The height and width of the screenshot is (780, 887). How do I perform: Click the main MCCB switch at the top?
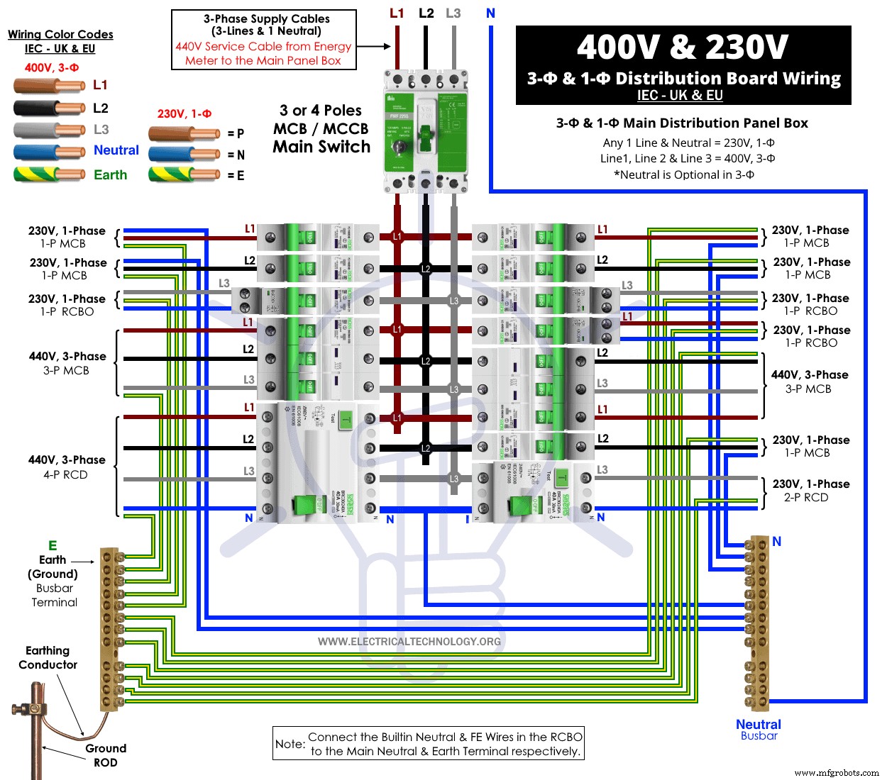pyautogui.click(x=425, y=131)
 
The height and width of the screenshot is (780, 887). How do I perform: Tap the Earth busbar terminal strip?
pyautogui.click(x=109, y=628)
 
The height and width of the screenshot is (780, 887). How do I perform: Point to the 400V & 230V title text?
pyautogui.click(x=683, y=48)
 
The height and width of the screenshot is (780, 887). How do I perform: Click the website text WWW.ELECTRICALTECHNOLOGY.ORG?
pyautogui.click(x=409, y=642)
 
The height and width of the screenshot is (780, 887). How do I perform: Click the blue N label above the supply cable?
pyautogui.click(x=490, y=13)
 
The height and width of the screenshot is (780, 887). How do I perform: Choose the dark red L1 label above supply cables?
pyautogui.click(x=397, y=13)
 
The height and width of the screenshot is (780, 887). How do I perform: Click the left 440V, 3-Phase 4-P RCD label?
pyautogui.click(x=67, y=467)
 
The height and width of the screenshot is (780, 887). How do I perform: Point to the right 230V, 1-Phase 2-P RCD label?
pyautogui.click(x=810, y=491)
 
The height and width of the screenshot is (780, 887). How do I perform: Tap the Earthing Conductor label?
pyautogui.click(x=48, y=657)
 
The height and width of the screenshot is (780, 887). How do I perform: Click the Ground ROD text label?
pyautogui.click(x=106, y=755)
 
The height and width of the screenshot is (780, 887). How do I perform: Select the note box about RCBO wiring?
pyautogui.click(x=429, y=744)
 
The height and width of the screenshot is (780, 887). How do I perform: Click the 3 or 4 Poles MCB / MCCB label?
pyautogui.click(x=321, y=128)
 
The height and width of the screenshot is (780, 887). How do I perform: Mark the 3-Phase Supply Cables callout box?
pyautogui.click(x=264, y=40)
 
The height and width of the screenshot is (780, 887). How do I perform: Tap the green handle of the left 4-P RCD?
pyautogui.click(x=306, y=504)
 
